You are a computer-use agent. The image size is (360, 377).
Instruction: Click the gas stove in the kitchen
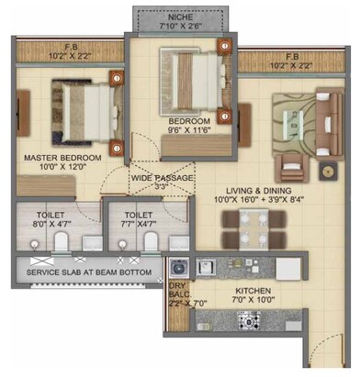[x=250, y=320]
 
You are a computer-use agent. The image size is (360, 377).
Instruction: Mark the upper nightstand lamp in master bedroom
[x=117, y=78]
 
